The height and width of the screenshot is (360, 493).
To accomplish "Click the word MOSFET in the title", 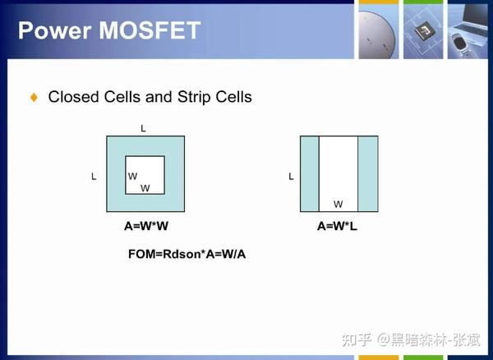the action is click(150, 30).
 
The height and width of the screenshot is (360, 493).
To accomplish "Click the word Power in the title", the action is click(55, 30).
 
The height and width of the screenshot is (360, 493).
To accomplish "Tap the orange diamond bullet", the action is click(34, 97).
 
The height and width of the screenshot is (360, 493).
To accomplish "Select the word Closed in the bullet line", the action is click(73, 96).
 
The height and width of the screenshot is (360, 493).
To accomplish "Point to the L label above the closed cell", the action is click(143, 128).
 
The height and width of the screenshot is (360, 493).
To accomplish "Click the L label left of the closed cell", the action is click(94, 177).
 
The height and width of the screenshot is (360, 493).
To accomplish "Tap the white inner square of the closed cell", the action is click(145, 175).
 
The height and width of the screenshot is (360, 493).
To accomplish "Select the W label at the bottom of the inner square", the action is click(145, 188).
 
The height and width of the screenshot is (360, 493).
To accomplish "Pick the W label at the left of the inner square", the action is click(132, 176).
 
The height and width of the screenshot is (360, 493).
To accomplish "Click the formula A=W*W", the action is click(146, 226).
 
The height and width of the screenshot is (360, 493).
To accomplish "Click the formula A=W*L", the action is click(337, 226).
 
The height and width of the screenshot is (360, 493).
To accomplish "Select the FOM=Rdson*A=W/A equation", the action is click(187, 254).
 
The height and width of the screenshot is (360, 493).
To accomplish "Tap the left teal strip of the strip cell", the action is click(310, 174).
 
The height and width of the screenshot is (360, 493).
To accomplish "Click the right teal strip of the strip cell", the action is click(368, 174).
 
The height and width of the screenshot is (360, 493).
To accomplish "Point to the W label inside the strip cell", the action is click(339, 204).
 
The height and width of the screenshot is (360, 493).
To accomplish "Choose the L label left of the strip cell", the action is click(291, 177).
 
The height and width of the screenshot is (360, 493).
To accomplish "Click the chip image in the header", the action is click(423, 31).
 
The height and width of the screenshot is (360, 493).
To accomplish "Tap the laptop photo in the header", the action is click(470, 31).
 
